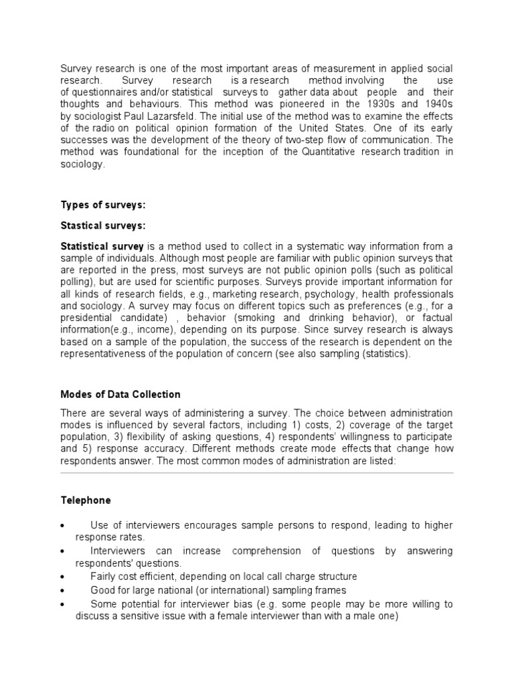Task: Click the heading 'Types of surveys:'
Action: [103, 204]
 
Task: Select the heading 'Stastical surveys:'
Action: [103, 225]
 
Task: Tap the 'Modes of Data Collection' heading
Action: [120, 394]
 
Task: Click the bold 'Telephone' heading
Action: [86, 500]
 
